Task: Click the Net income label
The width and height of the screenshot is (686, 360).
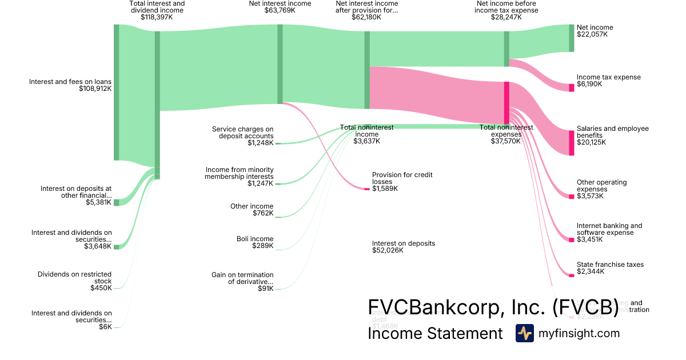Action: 595,27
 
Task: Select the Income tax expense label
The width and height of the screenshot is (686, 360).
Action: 608,77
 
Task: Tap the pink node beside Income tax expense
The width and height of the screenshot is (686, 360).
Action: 571,87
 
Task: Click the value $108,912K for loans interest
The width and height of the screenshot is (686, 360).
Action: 95,89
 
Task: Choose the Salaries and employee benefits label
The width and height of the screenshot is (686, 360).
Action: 612,132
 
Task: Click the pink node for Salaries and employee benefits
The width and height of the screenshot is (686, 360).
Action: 571,143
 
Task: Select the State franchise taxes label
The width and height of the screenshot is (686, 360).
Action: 610,265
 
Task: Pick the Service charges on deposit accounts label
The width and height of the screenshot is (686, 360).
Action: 242,133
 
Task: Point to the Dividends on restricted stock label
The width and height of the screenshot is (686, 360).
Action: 74,278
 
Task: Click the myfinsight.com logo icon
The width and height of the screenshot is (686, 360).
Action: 524,333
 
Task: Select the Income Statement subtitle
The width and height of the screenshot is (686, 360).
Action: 435,333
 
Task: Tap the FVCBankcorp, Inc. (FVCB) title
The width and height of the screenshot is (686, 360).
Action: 493,307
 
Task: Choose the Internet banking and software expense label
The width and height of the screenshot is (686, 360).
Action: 609,229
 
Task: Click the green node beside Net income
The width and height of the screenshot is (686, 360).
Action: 571,38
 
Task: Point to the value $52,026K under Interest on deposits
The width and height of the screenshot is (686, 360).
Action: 388,250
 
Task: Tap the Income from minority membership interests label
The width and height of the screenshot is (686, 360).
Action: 239,173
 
